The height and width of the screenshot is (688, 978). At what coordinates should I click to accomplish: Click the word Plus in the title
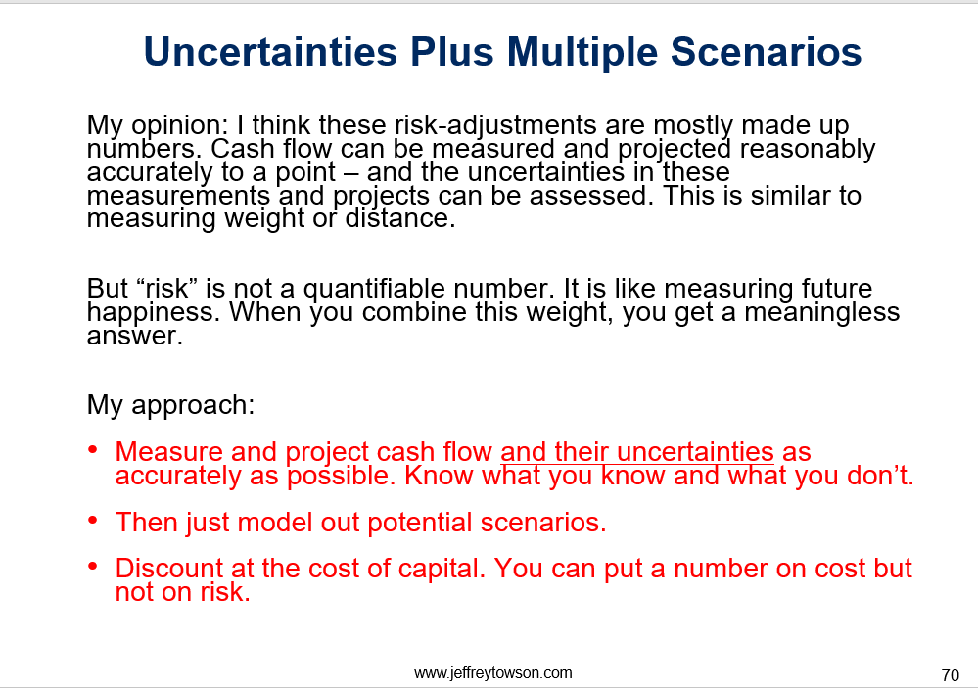(451, 51)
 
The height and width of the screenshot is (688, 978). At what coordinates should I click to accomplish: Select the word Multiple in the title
(582, 53)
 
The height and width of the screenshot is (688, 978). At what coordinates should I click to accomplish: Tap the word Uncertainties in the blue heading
(270, 51)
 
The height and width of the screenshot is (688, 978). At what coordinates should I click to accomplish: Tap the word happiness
(153, 312)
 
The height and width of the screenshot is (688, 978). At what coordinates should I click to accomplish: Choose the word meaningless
(822, 312)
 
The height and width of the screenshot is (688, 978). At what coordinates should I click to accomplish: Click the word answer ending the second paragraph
(135, 337)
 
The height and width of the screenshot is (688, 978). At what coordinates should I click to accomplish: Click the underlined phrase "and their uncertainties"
(636, 451)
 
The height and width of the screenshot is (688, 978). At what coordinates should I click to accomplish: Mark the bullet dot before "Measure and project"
(93, 450)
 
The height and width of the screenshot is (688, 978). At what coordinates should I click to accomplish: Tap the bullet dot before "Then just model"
(93, 520)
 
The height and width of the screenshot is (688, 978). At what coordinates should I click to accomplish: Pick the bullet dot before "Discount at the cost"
(93, 566)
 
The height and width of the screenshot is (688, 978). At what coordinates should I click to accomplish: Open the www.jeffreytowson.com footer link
(492, 673)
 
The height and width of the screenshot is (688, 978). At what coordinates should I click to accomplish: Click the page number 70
(950, 675)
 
